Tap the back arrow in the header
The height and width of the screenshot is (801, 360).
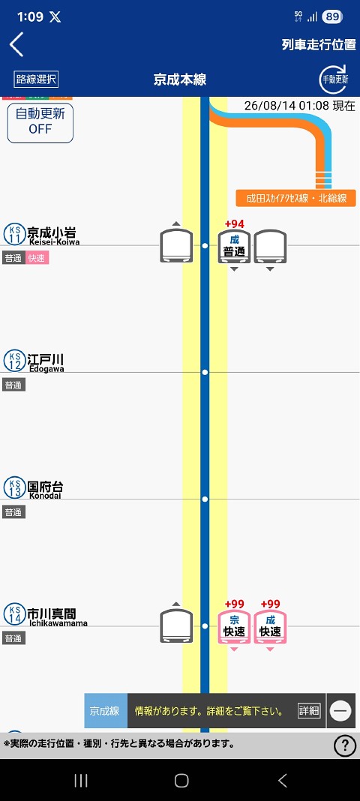[x=16, y=44]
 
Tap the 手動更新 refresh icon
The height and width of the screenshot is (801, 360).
[x=334, y=79]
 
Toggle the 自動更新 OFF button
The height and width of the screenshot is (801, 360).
[x=40, y=122]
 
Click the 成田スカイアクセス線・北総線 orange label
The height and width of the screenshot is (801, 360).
[x=295, y=198]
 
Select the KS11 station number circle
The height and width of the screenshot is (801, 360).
[x=15, y=234]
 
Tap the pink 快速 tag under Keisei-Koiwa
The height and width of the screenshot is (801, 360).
[x=37, y=258]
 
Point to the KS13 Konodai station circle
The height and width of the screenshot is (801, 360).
[x=15, y=487]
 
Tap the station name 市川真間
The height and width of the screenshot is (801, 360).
[x=51, y=613]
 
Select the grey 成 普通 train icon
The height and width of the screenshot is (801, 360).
[x=235, y=247]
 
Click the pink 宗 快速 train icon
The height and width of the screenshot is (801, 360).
[x=235, y=627]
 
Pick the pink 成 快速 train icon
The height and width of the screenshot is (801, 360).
[x=270, y=627]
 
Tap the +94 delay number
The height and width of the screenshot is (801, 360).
[x=235, y=224]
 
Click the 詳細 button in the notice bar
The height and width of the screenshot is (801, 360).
[x=309, y=710]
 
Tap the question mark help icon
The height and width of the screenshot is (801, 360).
[x=345, y=745]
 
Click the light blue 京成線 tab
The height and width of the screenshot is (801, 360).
[x=106, y=710]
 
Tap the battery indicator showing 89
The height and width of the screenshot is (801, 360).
[x=332, y=16]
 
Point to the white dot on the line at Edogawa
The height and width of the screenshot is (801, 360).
[x=205, y=373]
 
